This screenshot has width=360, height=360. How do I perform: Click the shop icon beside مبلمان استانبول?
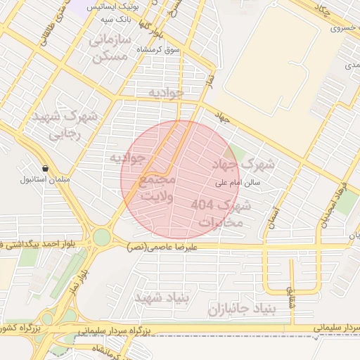coord(46,169)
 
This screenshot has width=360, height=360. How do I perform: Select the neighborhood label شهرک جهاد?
coord(245,164)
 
